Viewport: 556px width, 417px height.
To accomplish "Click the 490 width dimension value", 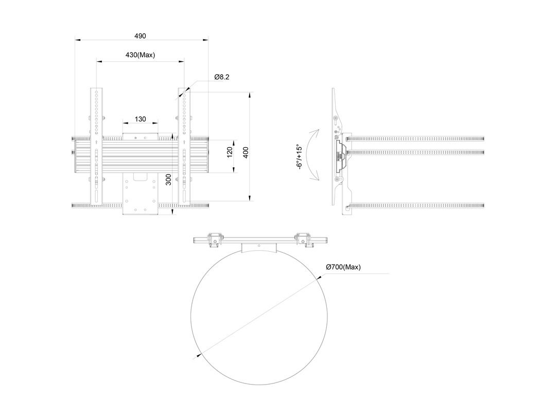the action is (140, 36).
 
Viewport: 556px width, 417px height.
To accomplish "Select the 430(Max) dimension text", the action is (140, 55).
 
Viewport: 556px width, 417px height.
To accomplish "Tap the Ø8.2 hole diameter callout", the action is (221, 77).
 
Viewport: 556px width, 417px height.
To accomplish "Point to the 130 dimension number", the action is (141, 119).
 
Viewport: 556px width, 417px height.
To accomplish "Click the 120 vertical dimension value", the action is (230, 152).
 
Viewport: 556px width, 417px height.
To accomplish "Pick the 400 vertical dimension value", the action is (246, 152).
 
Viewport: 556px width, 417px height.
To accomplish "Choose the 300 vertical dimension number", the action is (168, 180).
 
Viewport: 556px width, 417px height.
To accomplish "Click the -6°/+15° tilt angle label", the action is (300, 157).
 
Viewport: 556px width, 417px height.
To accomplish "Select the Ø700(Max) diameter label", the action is (343, 267).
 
